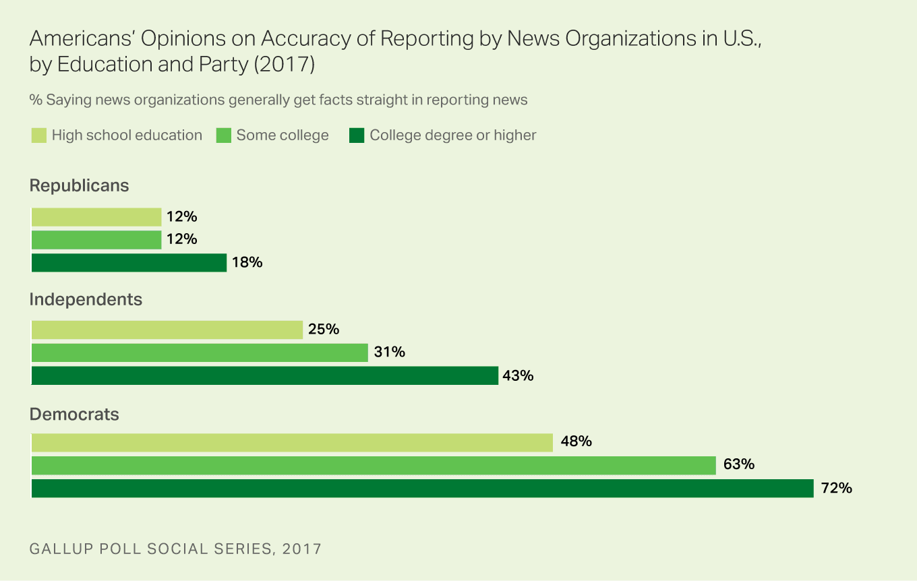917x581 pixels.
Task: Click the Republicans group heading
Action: [79, 185]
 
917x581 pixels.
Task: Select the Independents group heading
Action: [86, 299]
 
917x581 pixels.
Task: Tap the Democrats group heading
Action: [74, 414]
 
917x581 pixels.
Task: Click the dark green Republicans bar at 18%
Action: [129, 263]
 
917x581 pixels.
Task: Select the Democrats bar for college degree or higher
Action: [422, 488]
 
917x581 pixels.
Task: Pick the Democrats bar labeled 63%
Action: [374, 465]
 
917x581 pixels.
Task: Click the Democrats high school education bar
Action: [292, 442]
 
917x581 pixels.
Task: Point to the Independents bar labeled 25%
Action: [167, 330]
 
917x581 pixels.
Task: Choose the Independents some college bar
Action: [200, 353]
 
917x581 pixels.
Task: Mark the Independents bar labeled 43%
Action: [264, 375]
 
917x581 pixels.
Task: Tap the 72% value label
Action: [837, 488]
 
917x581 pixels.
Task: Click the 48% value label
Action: [576, 441]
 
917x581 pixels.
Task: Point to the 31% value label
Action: [389, 352]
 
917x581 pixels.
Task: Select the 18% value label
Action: [247, 262]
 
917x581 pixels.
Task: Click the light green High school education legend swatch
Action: [38, 135]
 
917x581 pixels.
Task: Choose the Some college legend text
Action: [282, 135]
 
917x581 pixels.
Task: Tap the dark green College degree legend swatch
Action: [356, 135]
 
